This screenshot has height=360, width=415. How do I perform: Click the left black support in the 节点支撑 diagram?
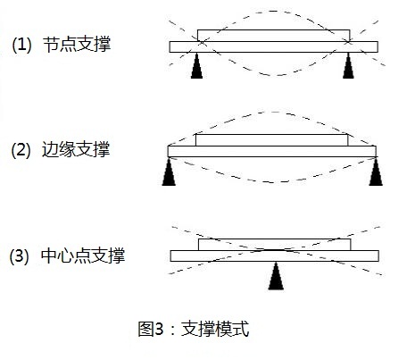coord(196,66)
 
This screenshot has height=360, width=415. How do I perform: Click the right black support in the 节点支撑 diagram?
coord(348,66)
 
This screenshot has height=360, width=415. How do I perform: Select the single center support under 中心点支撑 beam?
coord(276,276)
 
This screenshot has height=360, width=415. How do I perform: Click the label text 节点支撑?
coord(77,45)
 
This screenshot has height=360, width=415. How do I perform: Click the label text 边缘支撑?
coord(76,149)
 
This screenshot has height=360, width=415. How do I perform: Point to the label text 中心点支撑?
coord(83,255)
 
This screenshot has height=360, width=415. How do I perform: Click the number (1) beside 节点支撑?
coord(21,45)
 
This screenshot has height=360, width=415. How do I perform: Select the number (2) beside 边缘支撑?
coord(21,149)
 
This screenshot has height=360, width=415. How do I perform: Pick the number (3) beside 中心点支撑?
coord(20,255)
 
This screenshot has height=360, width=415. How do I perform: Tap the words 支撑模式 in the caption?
coord(215,329)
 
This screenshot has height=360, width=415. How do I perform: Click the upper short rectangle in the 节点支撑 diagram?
coord(273,36)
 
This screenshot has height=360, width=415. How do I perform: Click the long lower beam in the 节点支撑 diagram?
coord(274,46)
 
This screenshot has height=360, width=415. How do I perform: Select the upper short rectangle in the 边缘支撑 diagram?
coord(271,140)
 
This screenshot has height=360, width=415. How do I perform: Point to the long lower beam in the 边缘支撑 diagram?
coord(272,151)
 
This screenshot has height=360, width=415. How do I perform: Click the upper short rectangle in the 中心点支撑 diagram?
coord(275,245)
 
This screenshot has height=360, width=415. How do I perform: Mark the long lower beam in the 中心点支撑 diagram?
coord(275,255)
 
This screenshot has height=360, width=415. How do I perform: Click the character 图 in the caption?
coord(145,329)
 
